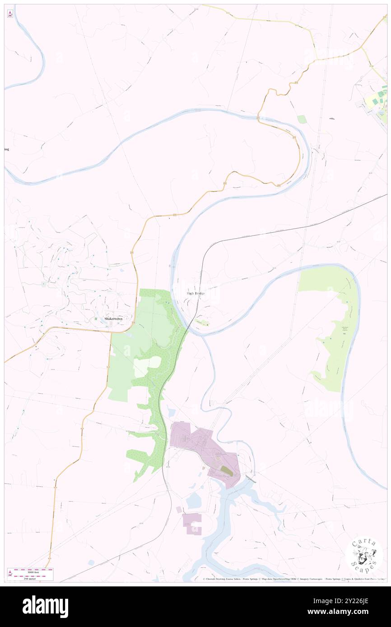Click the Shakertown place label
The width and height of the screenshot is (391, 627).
(x=113, y=318)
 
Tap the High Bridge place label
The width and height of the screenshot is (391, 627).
(x=196, y=293)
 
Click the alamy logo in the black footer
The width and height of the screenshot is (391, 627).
(x=45, y=607)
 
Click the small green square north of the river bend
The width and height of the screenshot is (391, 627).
(x=302, y=119)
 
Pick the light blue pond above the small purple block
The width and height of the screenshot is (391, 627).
(x=194, y=500)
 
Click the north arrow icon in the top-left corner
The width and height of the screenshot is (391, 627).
(x=10, y=14)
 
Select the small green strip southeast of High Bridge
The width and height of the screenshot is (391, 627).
(x=202, y=322)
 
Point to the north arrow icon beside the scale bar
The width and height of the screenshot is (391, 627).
(x=10, y=573)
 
